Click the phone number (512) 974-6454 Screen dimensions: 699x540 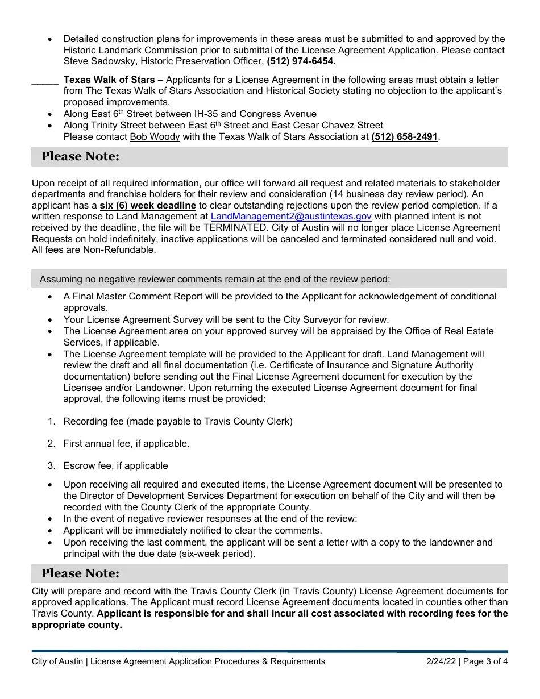coord(301,61)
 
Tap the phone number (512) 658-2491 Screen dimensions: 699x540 coord(404,136)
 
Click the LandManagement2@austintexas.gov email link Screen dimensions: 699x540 coord(291,216)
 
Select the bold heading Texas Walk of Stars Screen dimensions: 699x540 coord(110,80)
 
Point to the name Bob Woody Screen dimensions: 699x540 coord(155,136)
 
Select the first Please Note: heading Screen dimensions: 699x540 coord(80,157)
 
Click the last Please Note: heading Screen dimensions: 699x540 coord(80,573)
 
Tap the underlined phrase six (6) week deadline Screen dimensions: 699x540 coord(148,205)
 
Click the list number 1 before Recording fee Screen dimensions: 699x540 coord(51,421)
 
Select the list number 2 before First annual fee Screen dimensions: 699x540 coord(51,443)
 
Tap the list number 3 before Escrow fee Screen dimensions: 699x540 coord(51,465)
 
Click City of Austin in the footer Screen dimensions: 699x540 coord(58,661)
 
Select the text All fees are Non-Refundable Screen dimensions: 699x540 coord(94,249)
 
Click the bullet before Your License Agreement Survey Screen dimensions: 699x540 coord(51,320)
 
